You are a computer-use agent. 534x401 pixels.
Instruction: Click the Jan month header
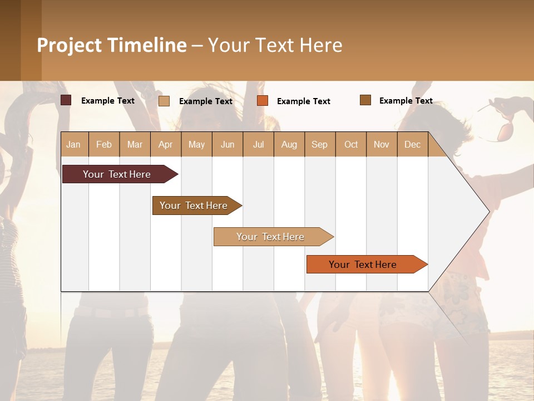click(74, 144)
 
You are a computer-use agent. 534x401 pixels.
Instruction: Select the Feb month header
click(104, 144)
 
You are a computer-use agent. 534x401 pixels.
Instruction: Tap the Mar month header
click(135, 144)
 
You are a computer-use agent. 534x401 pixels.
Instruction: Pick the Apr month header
click(166, 144)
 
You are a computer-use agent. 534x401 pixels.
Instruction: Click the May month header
click(196, 144)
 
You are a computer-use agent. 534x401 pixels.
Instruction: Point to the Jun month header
click(228, 144)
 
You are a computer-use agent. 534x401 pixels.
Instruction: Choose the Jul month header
click(258, 144)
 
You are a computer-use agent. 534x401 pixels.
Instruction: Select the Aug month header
click(289, 144)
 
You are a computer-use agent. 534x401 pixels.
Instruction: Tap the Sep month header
click(320, 144)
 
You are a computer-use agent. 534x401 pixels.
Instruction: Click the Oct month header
click(351, 144)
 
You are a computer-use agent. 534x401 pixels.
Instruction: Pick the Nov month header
click(382, 144)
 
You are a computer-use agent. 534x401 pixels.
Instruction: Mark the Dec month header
click(413, 144)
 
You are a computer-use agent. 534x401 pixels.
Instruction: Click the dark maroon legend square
click(66, 100)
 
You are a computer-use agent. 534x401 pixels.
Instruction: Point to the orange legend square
click(263, 101)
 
